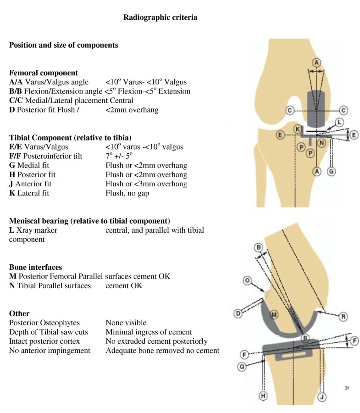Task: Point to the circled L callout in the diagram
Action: pos(339,122)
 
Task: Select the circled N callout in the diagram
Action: pos(321,143)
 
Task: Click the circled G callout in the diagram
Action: pos(332,170)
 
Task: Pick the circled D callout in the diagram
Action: pos(238,313)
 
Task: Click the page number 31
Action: pos(347,388)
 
